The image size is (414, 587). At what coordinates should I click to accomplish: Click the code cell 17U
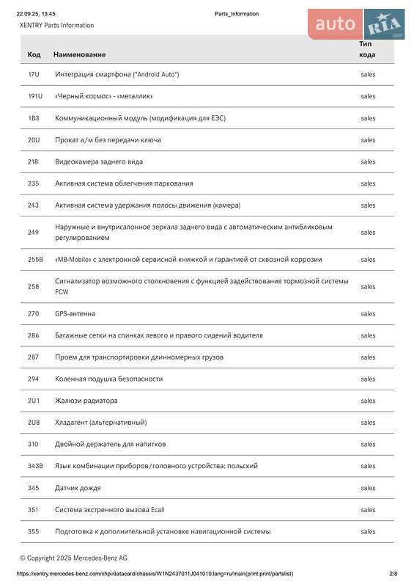point(34,75)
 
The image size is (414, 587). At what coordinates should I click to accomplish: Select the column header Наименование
point(80,54)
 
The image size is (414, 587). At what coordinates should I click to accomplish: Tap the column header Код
point(34,54)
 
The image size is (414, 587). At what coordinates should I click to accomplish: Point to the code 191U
point(35,96)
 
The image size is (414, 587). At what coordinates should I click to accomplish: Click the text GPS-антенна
point(75,313)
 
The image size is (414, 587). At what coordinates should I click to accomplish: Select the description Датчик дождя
point(78,488)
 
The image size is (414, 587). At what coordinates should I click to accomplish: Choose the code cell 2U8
point(34,423)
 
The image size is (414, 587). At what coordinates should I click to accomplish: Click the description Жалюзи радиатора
point(86,401)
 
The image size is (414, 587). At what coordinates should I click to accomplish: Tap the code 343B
point(35,466)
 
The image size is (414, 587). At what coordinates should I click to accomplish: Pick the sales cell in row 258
point(368,286)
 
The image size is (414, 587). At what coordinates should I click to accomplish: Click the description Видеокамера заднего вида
point(99,161)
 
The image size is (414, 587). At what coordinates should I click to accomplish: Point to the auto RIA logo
point(356,24)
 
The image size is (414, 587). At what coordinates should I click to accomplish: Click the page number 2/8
point(393,574)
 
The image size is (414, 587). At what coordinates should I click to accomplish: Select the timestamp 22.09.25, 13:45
point(36,14)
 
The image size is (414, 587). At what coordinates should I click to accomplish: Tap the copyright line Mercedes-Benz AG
point(73,558)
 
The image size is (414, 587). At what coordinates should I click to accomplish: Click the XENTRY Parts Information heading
point(56,25)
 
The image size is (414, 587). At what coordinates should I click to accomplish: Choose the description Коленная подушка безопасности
point(108,379)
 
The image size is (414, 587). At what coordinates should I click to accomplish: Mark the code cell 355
point(34,531)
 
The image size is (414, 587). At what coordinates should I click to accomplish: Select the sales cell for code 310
point(368,444)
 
